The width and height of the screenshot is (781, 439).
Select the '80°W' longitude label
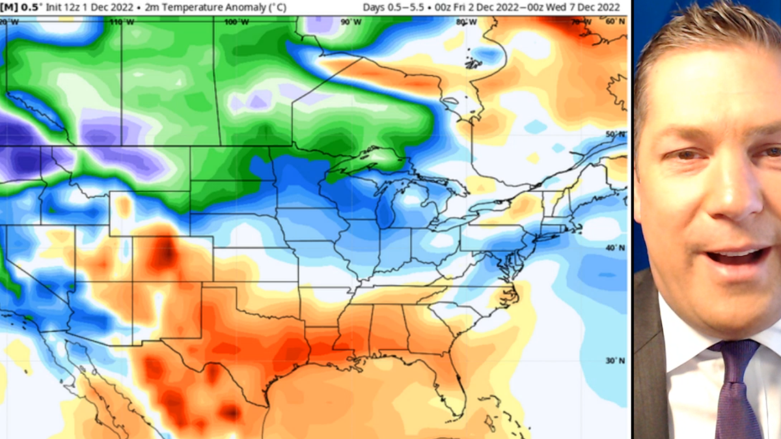(465, 21)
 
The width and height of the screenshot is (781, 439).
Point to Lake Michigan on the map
(385, 208)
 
